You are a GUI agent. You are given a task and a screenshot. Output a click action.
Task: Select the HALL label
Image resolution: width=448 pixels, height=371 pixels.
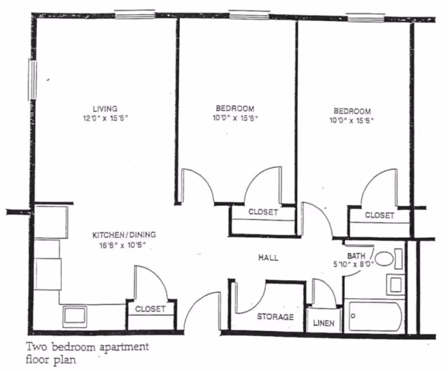pyautogui.click(x=267, y=258)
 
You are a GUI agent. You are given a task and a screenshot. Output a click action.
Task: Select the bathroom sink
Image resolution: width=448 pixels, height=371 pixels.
pyautogui.click(x=395, y=284)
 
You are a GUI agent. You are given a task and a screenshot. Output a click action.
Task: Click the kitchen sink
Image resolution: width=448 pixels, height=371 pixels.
pyautogui.click(x=74, y=316)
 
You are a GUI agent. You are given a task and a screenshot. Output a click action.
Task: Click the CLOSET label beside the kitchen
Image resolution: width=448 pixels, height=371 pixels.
pyautogui.click(x=150, y=309)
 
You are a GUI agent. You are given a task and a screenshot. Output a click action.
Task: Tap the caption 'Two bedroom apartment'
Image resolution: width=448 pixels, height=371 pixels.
pyautogui.click(x=88, y=347)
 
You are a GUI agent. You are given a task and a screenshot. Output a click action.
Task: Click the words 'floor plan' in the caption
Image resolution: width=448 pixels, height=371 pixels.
pyautogui.click(x=49, y=360)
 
